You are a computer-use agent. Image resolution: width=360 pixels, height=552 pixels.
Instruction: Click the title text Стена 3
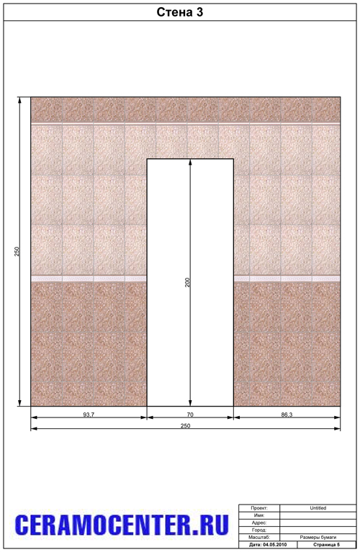pos(180,12)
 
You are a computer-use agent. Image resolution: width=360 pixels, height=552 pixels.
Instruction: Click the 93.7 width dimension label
pos(89,415)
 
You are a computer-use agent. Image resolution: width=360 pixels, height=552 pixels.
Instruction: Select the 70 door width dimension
pos(190,415)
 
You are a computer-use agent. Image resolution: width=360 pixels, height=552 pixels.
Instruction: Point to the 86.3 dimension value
pos(287,415)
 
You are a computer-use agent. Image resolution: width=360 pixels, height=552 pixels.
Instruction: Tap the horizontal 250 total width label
pos(185,426)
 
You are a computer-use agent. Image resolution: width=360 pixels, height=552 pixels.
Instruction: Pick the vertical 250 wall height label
pos(17,251)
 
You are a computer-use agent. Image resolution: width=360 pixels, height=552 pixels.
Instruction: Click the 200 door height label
pos(187,282)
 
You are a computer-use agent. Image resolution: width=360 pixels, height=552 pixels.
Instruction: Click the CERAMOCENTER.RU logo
pos(122,525)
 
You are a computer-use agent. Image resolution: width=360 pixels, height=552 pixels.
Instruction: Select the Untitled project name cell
pos(318,508)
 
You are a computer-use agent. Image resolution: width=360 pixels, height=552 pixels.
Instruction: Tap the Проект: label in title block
pos(259,508)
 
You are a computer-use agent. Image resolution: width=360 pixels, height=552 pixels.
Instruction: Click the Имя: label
pos(259,515)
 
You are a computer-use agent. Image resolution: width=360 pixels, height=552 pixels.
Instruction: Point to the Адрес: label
pos(259,522)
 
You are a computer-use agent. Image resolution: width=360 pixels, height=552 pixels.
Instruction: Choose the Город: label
pos(259,530)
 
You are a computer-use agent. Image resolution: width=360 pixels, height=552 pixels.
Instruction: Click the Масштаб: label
pos(259,537)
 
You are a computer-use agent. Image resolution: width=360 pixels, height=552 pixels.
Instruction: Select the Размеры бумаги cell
pos(318,537)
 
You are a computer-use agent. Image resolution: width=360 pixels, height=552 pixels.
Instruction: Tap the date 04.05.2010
pos(275,545)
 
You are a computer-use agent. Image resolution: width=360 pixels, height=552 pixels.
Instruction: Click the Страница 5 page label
pos(327,545)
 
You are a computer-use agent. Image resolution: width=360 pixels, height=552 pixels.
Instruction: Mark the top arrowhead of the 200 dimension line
pos(190,163)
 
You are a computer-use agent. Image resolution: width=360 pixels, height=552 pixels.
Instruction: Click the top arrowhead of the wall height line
pos(19,100)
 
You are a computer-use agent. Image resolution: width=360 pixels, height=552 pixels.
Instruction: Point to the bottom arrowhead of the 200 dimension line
pos(190,403)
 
